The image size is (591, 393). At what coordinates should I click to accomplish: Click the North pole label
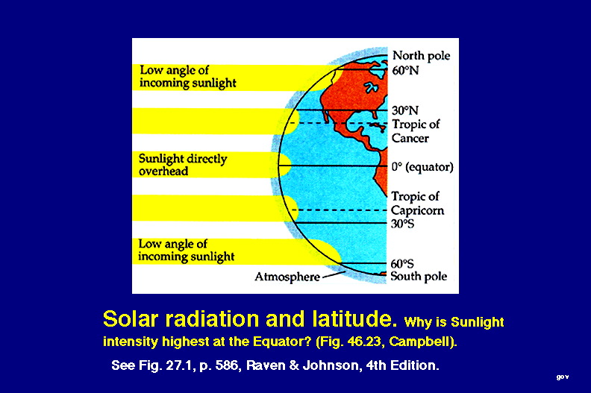click(421, 56)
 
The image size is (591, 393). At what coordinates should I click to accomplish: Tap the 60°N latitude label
click(405, 70)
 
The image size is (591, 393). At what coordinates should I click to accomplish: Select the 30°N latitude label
click(405, 110)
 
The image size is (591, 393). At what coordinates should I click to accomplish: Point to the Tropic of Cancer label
click(416, 131)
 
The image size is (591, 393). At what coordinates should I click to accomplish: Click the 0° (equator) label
click(422, 167)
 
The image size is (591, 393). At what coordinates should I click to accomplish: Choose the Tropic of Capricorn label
click(417, 204)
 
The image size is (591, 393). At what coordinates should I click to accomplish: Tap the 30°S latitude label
click(402, 224)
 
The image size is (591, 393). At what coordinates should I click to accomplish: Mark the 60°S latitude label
click(402, 263)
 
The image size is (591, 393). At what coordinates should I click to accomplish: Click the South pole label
click(419, 276)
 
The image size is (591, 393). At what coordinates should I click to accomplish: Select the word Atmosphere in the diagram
click(287, 277)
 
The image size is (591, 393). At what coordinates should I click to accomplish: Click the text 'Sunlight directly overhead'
click(183, 165)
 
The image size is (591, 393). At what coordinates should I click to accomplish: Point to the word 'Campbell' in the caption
click(422, 342)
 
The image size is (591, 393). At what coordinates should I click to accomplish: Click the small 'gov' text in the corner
click(563, 377)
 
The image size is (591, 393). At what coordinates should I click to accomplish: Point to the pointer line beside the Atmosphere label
click(333, 274)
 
